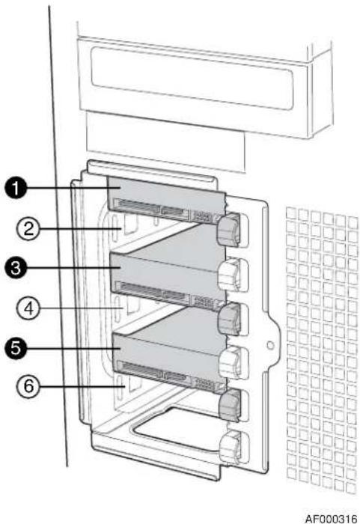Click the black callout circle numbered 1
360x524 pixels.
16,188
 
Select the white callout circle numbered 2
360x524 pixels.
28,229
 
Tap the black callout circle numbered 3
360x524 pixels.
16,268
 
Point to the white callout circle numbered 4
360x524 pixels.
28,308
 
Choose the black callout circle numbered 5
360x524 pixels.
16,348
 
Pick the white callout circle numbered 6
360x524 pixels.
28,386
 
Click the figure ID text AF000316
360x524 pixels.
331,518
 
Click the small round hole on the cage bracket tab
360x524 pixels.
271,344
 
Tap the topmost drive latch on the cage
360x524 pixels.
229,230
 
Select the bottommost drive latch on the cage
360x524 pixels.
231,447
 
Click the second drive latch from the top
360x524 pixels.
230,275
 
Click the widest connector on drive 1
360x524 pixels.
138,207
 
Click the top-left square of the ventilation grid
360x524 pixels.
291,213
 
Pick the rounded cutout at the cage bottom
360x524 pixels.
177,427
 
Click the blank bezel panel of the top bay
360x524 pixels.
192,79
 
